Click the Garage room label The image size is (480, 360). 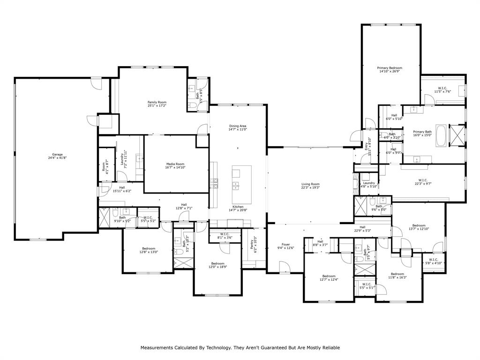[x=57, y=154]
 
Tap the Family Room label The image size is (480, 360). [x=157, y=102]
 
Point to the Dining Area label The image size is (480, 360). [x=238, y=126]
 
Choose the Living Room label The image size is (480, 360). [x=310, y=184]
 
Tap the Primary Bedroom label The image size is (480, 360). [x=390, y=68]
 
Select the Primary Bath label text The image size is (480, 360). [x=422, y=132]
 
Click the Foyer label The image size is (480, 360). [x=286, y=245]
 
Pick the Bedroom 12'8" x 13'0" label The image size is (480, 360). [x=149, y=248]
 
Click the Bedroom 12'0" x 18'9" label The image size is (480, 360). [x=217, y=263]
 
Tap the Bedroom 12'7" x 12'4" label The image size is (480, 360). [x=329, y=276]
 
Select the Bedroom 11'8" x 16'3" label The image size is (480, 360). [x=397, y=274]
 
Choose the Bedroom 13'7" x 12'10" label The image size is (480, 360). [x=419, y=225]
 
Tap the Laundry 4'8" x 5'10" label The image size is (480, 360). [x=369, y=183]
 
